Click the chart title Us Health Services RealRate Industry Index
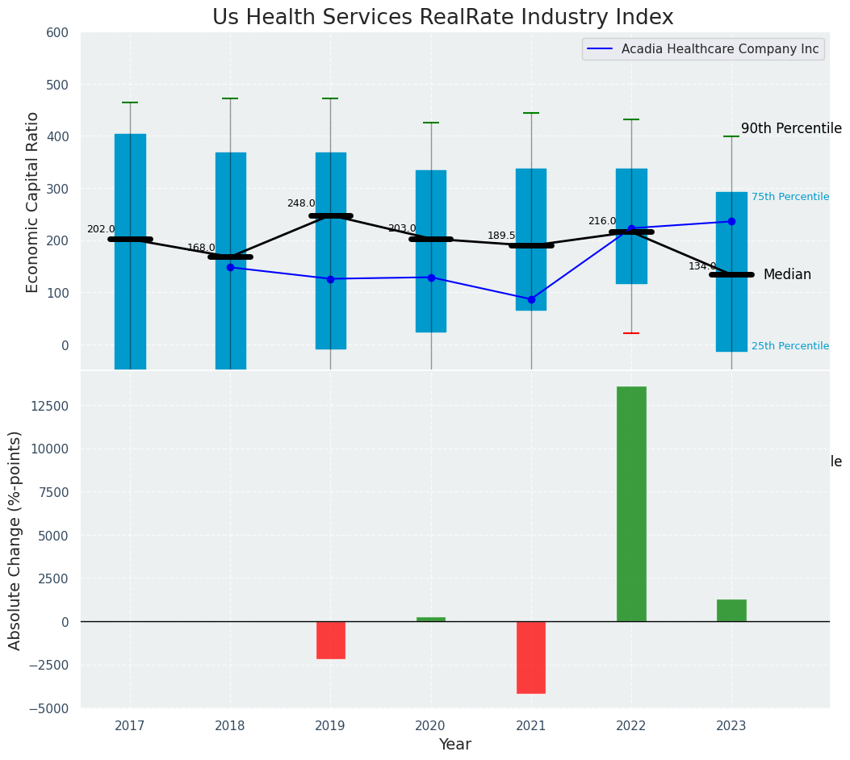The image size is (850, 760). click(x=442, y=18)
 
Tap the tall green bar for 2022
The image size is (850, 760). click(x=631, y=503)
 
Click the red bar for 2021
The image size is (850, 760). click(x=531, y=657)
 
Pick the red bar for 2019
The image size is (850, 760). click(x=330, y=640)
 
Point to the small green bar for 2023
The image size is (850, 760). click(x=731, y=610)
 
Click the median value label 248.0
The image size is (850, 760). click(x=301, y=203)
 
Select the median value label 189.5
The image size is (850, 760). click(x=501, y=236)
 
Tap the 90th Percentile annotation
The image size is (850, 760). click(x=791, y=129)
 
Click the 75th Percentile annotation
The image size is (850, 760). click(x=789, y=197)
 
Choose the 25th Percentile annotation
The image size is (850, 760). click(x=789, y=346)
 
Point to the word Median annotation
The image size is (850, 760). click(x=787, y=274)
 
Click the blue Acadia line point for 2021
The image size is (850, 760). click(x=531, y=299)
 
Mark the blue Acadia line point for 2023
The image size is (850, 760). click(x=731, y=221)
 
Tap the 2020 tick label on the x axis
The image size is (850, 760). click(x=431, y=726)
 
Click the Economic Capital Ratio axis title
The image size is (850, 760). click(x=33, y=202)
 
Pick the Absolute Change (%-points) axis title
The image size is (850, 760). click(x=15, y=540)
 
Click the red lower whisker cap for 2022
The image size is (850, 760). click(x=631, y=333)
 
